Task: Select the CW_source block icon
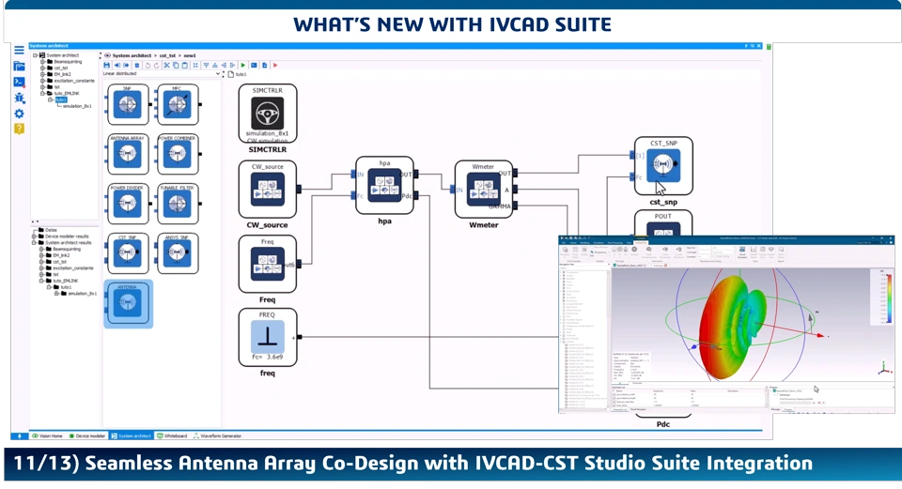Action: tap(268, 190)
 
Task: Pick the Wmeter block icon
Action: tap(483, 190)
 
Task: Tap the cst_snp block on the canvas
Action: tap(663, 167)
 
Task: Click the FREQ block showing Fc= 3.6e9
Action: tap(268, 338)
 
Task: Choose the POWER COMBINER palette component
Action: tap(177, 154)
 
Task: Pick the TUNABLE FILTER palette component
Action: tap(177, 203)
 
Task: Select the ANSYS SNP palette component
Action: tap(177, 252)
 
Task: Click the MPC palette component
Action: tap(177, 104)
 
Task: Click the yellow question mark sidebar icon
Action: tap(19, 129)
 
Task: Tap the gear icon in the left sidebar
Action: tap(19, 114)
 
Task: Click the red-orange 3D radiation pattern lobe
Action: tap(728, 319)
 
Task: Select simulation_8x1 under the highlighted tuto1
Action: tap(77, 106)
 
